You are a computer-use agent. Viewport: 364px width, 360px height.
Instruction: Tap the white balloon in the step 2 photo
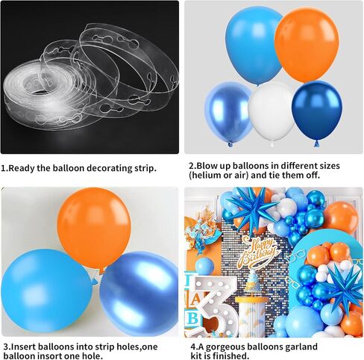click(x=272, y=113)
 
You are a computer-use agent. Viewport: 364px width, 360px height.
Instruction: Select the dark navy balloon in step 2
click(x=317, y=111)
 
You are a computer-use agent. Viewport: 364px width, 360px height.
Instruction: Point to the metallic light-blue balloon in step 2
click(x=228, y=112)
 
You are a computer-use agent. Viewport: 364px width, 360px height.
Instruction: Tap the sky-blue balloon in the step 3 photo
click(x=47, y=291)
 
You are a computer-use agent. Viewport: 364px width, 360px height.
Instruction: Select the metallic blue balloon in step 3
click(x=139, y=293)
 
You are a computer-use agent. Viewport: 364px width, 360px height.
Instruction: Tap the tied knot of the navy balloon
click(x=316, y=143)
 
